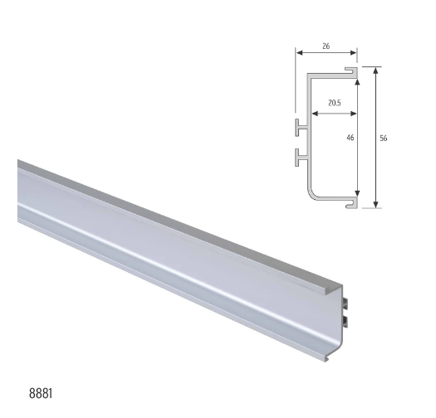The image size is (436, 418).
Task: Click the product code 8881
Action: click(39, 389)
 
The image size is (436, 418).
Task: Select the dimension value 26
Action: click(325, 47)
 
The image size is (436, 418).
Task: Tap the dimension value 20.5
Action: click(333, 104)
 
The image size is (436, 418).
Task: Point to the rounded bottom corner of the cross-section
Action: click(316, 196)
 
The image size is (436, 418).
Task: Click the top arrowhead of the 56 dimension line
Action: click(376, 71)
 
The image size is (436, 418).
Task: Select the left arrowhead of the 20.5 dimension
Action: click(312, 112)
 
